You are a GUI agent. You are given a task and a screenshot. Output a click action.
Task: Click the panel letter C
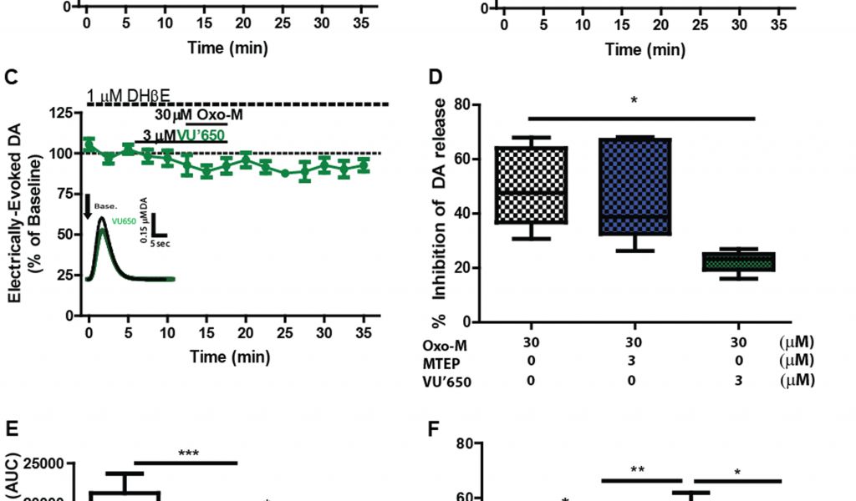pos(12,78)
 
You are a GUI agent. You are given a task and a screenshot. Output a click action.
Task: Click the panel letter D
pos(435,78)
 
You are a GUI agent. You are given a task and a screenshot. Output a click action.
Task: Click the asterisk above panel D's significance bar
pos(634,102)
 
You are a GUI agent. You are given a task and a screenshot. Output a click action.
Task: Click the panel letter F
pos(433,433)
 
